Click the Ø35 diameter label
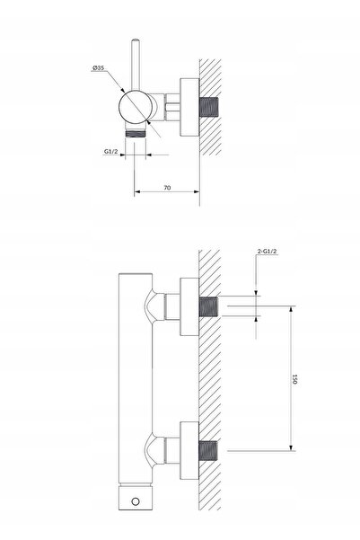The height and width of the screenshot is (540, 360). (98, 68)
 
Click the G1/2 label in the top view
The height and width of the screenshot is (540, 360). (110, 151)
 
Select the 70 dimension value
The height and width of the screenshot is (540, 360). (167, 188)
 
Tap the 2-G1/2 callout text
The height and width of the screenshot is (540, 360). (267, 252)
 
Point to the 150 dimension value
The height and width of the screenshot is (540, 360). (294, 379)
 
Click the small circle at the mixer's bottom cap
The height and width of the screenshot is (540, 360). (136, 501)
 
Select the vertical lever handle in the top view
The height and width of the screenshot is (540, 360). (136, 65)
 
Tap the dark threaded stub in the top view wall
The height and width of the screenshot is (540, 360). (208, 107)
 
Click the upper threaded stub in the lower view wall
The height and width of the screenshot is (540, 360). (208, 307)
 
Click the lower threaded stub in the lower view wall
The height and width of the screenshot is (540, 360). (208, 451)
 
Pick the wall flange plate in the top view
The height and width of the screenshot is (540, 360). (189, 107)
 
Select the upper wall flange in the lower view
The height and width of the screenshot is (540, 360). (189, 307)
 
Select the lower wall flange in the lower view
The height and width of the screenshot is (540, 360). (189, 450)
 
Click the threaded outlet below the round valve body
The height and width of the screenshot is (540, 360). (136, 133)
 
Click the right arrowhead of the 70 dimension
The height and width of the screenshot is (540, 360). (197, 191)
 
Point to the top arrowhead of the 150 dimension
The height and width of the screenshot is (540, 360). (292, 309)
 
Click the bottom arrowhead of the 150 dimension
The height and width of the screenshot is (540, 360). (292, 447)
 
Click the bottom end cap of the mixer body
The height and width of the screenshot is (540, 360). (136, 498)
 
